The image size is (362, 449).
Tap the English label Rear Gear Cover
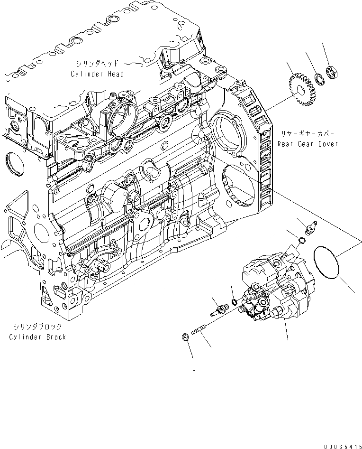[308, 144]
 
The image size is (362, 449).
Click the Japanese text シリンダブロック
[37, 327]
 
